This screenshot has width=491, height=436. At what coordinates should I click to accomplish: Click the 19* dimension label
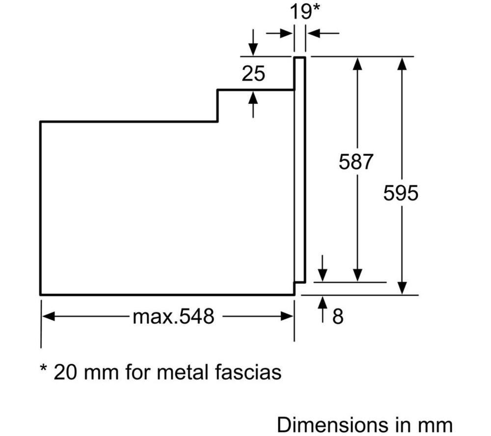tap(305, 11)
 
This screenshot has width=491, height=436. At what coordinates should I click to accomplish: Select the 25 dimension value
tap(253, 74)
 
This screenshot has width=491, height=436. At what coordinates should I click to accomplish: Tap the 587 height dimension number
tap(356, 162)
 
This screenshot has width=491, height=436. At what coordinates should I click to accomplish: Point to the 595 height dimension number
tap(401, 193)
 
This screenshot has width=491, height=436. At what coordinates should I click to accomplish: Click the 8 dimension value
tap(338, 316)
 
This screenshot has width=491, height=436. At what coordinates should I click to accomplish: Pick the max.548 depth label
tap(173, 316)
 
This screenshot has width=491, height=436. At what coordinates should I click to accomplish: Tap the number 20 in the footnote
tap(65, 373)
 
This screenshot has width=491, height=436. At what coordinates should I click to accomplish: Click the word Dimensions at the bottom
tap(333, 425)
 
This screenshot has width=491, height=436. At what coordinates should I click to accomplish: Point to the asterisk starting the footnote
tap(44, 368)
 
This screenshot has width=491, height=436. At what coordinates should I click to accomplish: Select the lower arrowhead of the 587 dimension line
tap(357, 275)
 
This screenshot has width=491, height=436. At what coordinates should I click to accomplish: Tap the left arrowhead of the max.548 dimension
tap(49, 316)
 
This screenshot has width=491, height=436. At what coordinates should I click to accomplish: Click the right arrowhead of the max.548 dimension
tap(287, 316)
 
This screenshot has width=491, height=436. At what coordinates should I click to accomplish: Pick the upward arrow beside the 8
tap(323, 309)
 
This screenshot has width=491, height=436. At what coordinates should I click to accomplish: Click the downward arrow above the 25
tap(253, 43)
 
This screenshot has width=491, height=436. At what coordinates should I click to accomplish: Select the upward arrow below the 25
tap(253, 105)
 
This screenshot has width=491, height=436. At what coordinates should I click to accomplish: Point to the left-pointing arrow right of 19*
tap(323, 33)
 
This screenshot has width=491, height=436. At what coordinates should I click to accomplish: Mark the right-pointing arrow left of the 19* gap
tap(279, 33)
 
